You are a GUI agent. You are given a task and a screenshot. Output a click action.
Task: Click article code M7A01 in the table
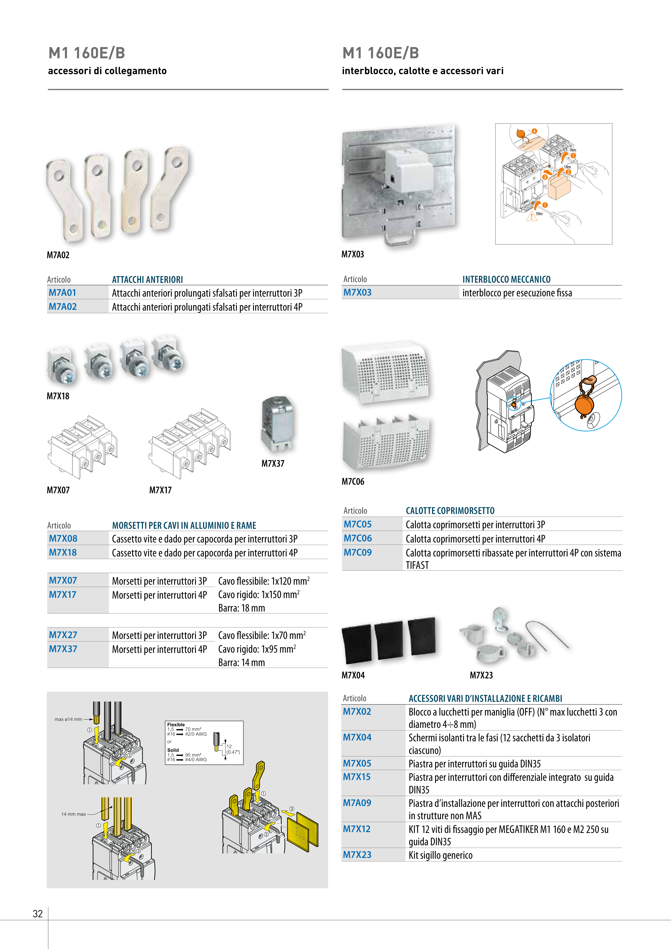(62, 293)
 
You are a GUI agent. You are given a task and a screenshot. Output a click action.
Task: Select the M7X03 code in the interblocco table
(357, 292)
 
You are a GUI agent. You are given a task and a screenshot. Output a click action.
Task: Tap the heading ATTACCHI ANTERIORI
(147, 279)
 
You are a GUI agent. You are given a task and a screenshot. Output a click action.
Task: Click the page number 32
(38, 914)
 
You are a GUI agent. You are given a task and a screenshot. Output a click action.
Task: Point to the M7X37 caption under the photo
(273, 463)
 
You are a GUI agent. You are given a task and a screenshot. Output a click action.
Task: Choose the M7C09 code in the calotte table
(358, 552)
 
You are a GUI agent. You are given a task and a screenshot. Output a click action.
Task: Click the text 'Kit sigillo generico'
(440, 855)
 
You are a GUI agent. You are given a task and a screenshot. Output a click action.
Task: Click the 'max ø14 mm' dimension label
(68, 719)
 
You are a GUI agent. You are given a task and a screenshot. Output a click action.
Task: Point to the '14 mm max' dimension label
(74, 814)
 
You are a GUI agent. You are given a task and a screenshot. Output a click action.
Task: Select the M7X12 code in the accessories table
(357, 829)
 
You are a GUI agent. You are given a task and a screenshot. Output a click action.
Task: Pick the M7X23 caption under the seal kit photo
(481, 675)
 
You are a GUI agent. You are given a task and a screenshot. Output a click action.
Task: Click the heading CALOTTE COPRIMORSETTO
(450, 511)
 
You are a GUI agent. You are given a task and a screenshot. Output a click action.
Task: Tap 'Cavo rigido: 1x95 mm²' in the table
(257, 649)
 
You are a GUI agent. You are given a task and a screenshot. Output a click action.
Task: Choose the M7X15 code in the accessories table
(357, 777)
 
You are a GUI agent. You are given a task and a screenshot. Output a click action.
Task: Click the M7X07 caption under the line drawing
(58, 490)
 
